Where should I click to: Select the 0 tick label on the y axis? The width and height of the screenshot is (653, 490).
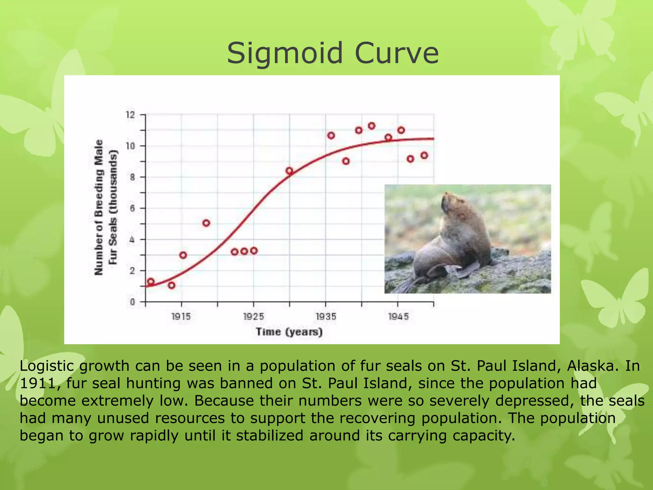click(x=132, y=302)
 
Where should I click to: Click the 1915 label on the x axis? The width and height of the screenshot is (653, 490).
click(x=181, y=316)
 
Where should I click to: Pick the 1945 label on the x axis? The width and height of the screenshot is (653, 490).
click(x=398, y=316)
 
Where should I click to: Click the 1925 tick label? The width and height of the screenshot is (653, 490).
click(x=253, y=316)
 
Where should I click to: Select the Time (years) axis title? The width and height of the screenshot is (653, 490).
click(x=289, y=332)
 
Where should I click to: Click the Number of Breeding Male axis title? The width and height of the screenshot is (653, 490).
click(x=99, y=207)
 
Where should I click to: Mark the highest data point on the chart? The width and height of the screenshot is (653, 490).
click(x=371, y=126)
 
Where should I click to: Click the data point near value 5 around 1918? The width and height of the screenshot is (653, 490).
click(x=206, y=223)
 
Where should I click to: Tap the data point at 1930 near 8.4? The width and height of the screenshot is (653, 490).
click(x=289, y=171)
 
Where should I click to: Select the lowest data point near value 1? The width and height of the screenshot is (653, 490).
click(x=172, y=285)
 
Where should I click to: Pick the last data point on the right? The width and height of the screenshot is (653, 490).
click(x=424, y=155)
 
